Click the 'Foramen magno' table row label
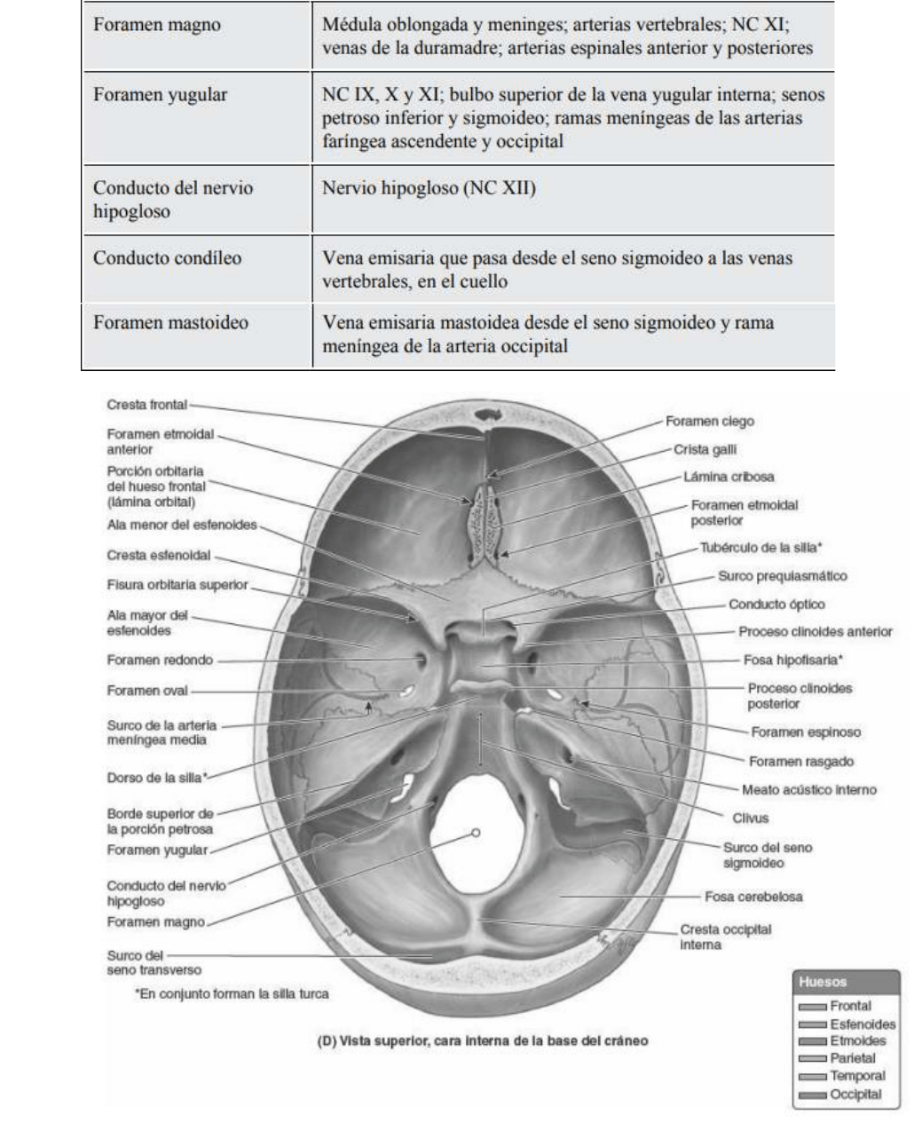pos(157,26)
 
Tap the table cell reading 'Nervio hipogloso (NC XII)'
pos(429,189)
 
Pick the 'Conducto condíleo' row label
pos(168,259)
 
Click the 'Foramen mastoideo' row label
pos(170,323)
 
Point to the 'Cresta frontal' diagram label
pos(146,405)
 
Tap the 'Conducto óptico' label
pos(776,605)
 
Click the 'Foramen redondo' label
pos(160,660)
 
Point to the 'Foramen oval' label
pos(148,690)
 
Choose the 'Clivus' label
pos(750,818)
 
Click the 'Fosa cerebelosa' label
pos(752,897)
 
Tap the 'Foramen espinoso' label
pos(805,732)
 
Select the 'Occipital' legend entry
pos(855,1094)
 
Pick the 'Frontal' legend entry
pos(850,1007)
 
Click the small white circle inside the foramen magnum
pos(476,833)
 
